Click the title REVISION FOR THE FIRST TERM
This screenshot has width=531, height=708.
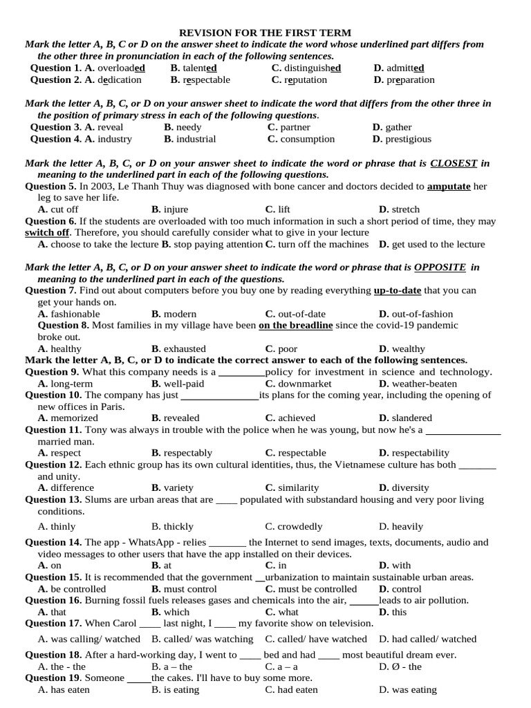[265, 32]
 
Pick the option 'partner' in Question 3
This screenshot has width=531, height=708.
[295, 127]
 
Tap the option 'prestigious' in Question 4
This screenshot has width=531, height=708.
[407, 139]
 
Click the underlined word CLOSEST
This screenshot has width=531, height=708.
[454, 163]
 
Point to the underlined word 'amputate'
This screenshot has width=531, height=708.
[449, 187]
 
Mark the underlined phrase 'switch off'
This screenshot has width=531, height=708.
[47, 233]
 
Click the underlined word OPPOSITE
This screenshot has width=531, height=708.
[440, 268]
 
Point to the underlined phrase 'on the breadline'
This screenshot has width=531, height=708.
[295, 326]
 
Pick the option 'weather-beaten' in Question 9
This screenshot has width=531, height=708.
[422, 384]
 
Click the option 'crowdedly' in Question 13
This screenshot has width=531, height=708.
[298, 527]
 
